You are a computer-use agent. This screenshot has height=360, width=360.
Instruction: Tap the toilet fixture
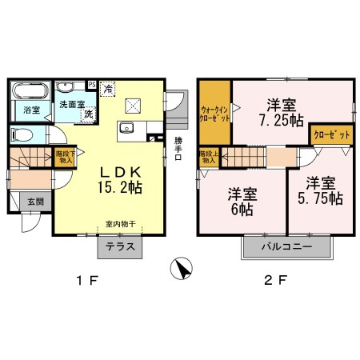22,134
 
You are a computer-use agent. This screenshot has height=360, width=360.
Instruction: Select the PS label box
92,85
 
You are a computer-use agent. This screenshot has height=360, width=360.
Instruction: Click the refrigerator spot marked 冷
108,89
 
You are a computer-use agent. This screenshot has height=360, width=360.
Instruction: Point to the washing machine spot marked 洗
89,114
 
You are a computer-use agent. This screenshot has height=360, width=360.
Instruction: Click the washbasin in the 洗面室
65,86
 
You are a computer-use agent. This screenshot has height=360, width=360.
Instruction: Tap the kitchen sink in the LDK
126,128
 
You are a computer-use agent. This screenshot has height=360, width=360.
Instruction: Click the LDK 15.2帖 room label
120,180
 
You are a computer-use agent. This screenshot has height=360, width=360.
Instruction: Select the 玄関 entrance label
35,202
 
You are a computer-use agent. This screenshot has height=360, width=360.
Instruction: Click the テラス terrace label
120,246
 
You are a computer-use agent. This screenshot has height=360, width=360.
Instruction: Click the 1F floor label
87,281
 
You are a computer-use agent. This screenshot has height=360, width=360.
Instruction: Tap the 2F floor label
276,281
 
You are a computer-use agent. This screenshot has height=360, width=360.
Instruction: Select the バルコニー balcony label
286,246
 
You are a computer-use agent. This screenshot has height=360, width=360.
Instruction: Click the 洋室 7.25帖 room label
282,113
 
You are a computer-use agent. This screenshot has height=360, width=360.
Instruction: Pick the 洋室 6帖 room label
242,202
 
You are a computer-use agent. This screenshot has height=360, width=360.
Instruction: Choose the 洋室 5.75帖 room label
320,190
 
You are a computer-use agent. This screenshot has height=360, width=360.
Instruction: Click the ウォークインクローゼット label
214,114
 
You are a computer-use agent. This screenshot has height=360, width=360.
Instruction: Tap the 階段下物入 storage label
65,157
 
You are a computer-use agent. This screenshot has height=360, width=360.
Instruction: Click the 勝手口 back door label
178,149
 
